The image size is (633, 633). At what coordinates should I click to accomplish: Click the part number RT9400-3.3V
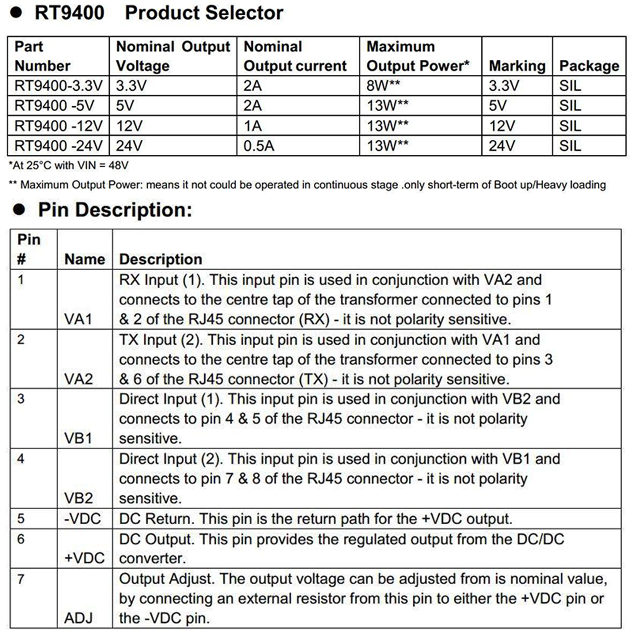(58, 85)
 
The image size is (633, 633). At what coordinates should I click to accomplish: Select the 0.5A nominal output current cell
(259, 146)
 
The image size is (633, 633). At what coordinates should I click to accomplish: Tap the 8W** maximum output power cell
(383, 85)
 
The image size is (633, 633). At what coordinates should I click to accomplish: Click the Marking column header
(517, 66)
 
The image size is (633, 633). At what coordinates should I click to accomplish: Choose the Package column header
(589, 66)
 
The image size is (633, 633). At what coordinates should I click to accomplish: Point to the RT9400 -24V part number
(58, 146)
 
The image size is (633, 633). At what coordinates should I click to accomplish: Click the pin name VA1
(78, 319)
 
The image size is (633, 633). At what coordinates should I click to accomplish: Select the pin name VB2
(78, 498)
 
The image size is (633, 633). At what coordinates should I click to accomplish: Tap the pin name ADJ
(78, 618)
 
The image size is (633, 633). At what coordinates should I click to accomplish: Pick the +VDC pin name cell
(84, 558)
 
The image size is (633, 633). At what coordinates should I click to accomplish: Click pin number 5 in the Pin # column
(21, 518)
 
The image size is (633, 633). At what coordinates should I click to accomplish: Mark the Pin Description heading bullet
(19, 209)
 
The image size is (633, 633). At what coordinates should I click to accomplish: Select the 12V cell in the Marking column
(502, 126)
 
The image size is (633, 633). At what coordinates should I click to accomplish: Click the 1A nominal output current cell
(252, 126)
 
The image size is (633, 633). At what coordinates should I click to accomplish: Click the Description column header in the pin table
(161, 259)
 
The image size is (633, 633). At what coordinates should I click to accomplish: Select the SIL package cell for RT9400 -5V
(570, 106)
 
